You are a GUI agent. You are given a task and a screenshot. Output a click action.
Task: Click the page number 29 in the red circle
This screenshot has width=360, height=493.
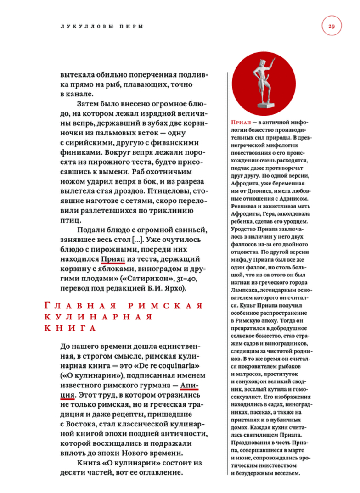(332, 26)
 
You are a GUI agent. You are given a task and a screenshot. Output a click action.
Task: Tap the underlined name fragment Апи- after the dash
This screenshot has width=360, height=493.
(190, 384)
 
